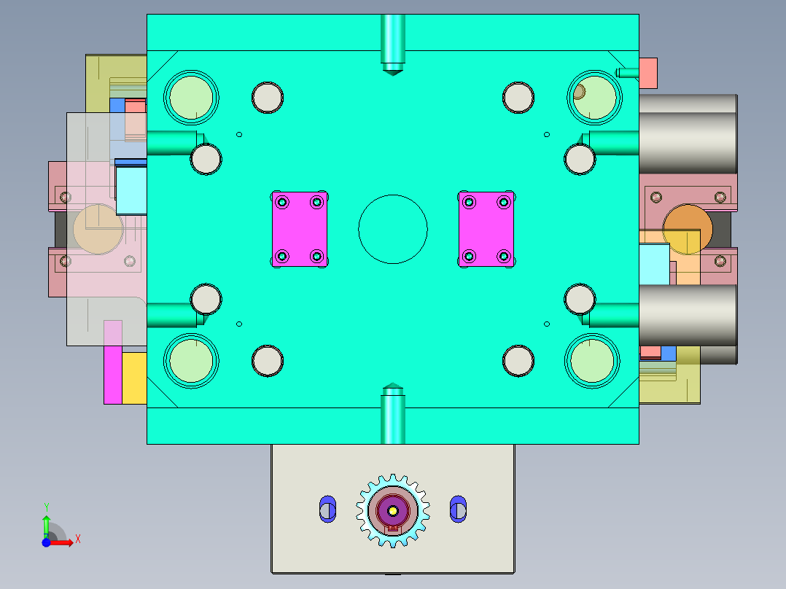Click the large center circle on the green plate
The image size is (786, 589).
(x=392, y=229)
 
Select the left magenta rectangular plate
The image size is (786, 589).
(x=299, y=230)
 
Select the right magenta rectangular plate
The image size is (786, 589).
(x=486, y=230)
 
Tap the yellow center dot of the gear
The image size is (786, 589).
(x=392, y=511)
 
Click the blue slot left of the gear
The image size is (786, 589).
(x=327, y=508)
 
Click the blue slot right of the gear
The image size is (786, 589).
(x=458, y=508)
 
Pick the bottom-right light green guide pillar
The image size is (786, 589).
(x=592, y=361)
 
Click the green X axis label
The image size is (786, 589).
(x=77, y=539)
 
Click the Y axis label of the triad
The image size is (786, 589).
(x=46, y=507)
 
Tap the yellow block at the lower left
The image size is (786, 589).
(x=133, y=378)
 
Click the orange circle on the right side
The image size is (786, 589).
(x=688, y=229)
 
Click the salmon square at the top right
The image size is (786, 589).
(x=648, y=73)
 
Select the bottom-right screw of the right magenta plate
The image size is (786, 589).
(x=503, y=256)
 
